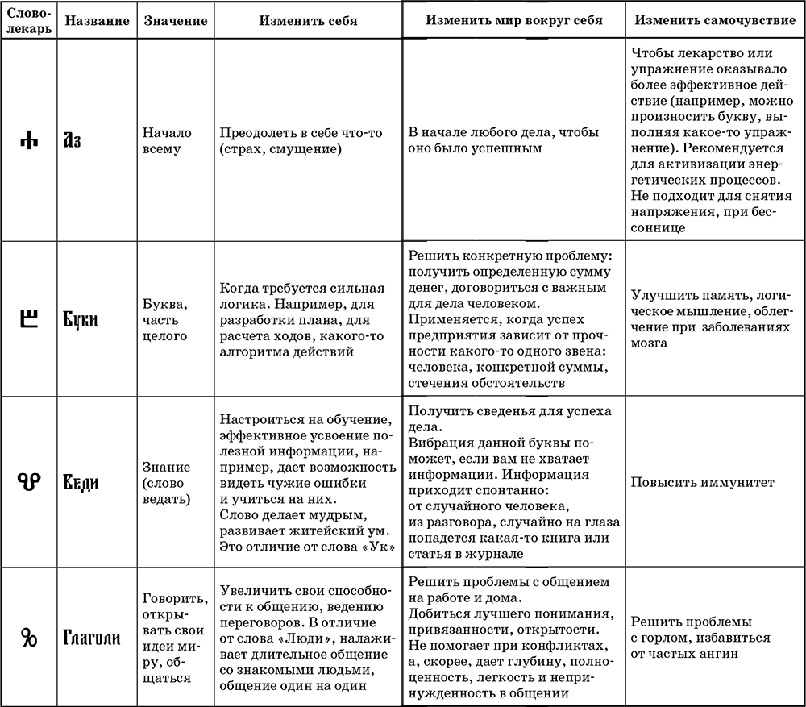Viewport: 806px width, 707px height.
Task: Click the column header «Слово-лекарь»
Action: point(27,19)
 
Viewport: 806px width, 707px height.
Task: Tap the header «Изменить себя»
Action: point(309,19)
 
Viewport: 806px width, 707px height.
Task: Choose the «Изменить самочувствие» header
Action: point(713,19)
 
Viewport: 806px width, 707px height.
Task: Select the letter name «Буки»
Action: point(81,319)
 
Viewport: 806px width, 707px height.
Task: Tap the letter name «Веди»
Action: point(81,483)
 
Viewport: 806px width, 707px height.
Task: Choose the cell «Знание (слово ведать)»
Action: point(166,482)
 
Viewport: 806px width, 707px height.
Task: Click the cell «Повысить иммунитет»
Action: point(703,482)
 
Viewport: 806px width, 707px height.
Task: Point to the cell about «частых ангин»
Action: point(700,638)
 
